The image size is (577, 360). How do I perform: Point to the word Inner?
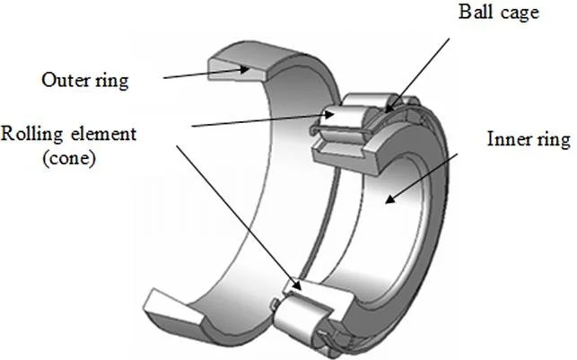pos(504,141)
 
